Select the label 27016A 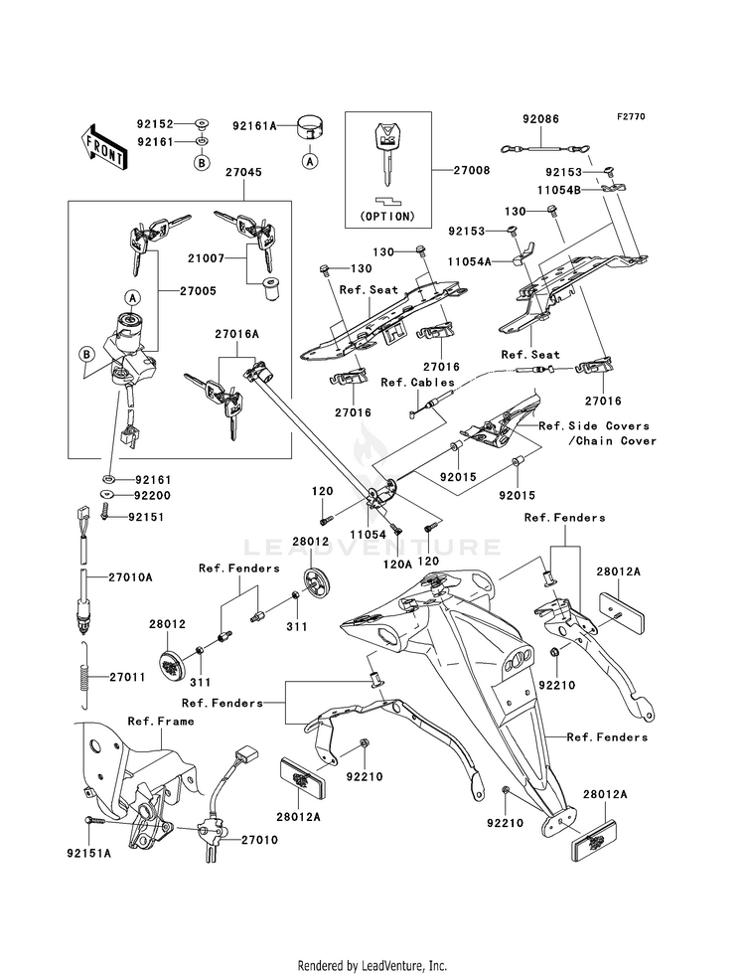point(237,336)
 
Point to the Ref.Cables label point(417,382)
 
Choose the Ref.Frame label point(161,721)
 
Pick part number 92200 point(154,495)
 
